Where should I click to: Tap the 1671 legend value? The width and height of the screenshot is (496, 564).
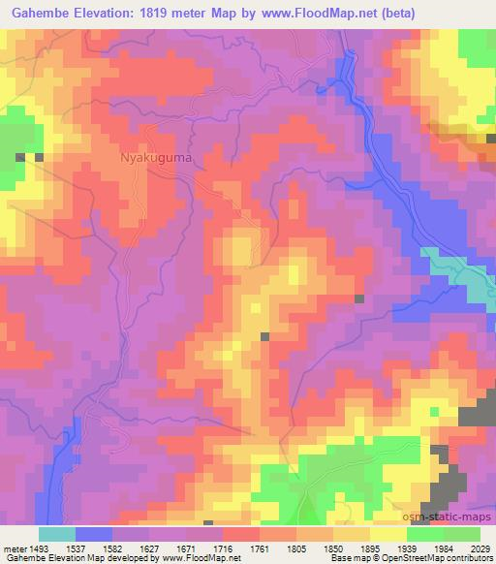[x=189, y=548]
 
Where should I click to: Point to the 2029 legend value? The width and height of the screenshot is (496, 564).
[x=480, y=548]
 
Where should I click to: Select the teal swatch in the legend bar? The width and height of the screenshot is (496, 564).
[x=57, y=534]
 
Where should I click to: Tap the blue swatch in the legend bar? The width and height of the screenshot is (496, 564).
[x=94, y=534]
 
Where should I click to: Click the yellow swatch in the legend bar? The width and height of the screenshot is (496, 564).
[x=387, y=534]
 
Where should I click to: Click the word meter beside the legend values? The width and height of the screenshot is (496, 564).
[x=14, y=548]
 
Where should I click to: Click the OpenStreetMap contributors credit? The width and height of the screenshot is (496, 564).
[x=441, y=558]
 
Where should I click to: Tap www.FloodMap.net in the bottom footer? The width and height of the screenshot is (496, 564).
[x=205, y=558]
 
